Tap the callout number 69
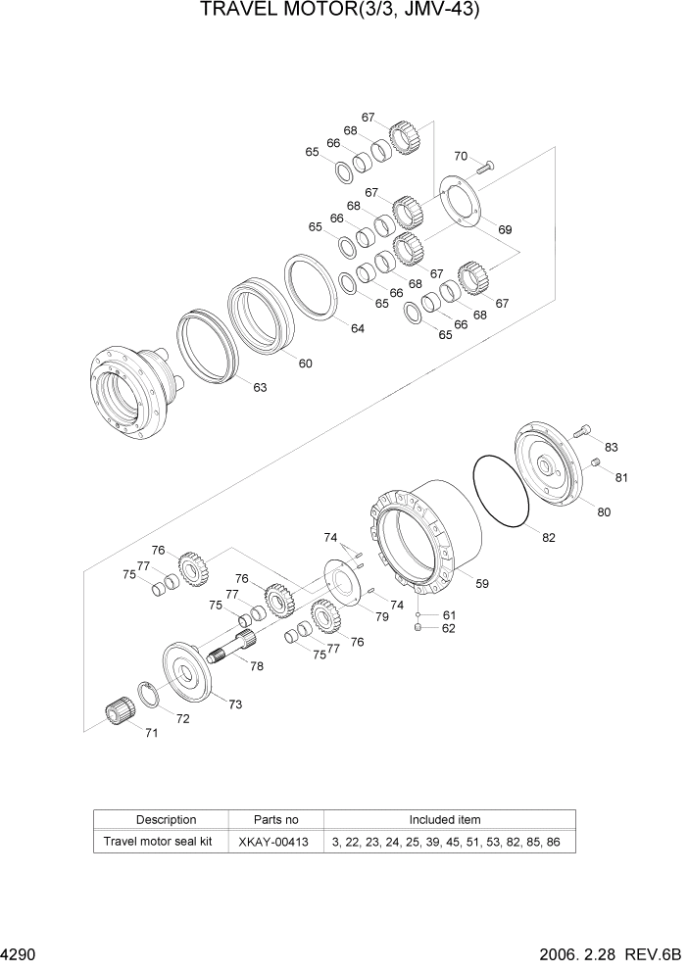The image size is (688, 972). pos(505,229)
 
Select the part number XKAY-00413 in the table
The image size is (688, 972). pos(274,842)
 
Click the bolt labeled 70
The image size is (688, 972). pos(487,169)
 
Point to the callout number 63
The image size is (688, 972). pos(260,388)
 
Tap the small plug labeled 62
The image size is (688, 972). pos(418,629)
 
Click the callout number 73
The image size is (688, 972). pos(235,705)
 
